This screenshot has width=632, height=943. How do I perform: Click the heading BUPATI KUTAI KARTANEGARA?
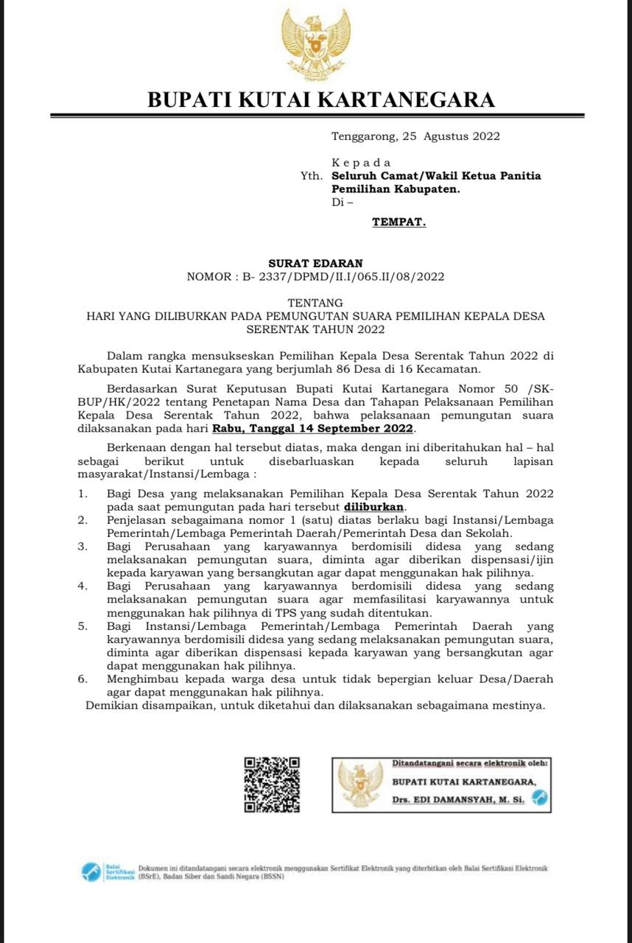pyautogui.click(x=321, y=99)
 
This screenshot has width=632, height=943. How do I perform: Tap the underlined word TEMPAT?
pyautogui.click(x=398, y=221)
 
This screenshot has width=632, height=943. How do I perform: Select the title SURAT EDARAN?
pyautogui.click(x=315, y=263)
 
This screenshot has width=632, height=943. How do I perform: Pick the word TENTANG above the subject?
pyautogui.click(x=315, y=303)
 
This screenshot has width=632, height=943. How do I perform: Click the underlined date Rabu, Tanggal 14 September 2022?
pyautogui.click(x=315, y=428)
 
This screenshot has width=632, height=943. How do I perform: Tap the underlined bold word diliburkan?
pyautogui.click(x=374, y=507)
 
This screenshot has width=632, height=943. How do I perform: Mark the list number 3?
pyautogui.click(x=83, y=546)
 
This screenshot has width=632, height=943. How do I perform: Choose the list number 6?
pyautogui.click(x=83, y=679)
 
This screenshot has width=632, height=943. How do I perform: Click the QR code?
pyautogui.click(x=272, y=784)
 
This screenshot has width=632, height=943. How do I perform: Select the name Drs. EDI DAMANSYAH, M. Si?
pyautogui.click(x=459, y=799)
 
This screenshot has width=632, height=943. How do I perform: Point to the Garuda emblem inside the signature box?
pyautogui.click(x=360, y=784)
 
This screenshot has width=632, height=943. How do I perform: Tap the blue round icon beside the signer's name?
pyautogui.click(x=540, y=797)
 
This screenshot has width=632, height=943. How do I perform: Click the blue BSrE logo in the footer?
pyautogui.click(x=91, y=872)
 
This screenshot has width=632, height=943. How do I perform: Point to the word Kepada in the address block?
pyautogui.click(x=361, y=162)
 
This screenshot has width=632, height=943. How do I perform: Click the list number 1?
pyautogui.click(x=83, y=493)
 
